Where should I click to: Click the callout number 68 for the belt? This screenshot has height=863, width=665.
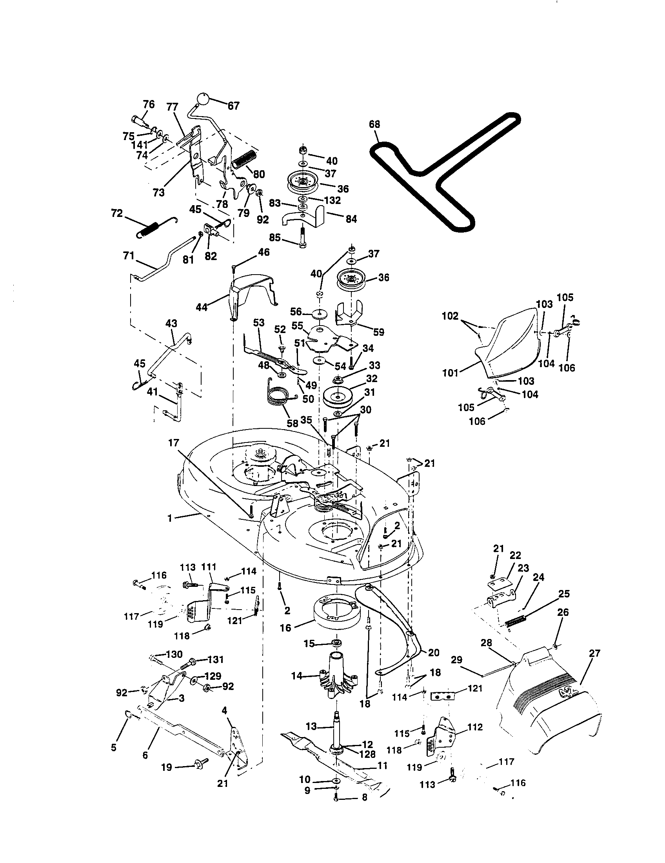tap(374, 124)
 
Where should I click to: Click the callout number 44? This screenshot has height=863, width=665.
tap(202, 307)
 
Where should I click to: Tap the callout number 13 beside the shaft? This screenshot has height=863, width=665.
tap(312, 726)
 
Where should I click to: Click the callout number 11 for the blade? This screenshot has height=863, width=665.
tap(382, 766)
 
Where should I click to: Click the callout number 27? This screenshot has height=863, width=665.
tap(594, 653)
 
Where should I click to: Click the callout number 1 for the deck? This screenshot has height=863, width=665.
tap(170, 518)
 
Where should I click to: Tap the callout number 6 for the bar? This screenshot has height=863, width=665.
tap(145, 755)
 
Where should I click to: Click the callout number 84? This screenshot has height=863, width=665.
tap(351, 219)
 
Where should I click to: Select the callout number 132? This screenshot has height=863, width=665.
tap(332, 200)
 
